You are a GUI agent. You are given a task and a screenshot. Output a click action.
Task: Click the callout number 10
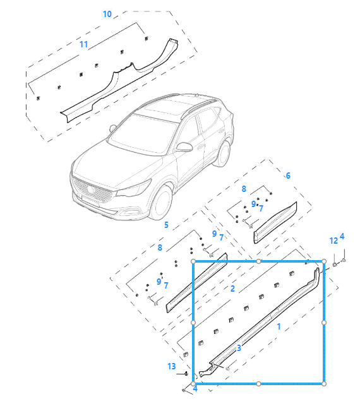pos(107,14)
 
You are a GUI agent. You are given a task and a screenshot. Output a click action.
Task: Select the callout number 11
pos(83,44)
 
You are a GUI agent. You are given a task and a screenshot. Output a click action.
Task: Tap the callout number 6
pos(288,176)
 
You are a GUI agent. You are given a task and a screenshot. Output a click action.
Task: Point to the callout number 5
pos(166,225)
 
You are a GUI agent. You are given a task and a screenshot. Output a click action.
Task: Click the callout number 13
pos(172,366)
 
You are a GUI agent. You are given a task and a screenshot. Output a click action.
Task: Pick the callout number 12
pos(333,241)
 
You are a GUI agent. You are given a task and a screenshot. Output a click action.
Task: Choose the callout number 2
pos(232,289)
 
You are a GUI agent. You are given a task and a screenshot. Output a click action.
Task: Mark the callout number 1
pos(279,326)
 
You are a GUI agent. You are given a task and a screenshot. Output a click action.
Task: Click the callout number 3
pos(239,348)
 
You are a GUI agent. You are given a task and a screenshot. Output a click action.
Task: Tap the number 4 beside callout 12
pos(342,236)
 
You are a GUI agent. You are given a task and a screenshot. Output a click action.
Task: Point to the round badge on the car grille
pos(91,189)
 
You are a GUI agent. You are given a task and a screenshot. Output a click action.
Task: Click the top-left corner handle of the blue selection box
pos(193,261)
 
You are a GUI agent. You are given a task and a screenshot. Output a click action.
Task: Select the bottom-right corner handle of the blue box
pos(324,384)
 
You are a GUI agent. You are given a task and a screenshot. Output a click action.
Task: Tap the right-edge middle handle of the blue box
pos(324,323)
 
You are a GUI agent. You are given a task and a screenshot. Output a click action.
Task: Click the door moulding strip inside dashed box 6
pos(275,223)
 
